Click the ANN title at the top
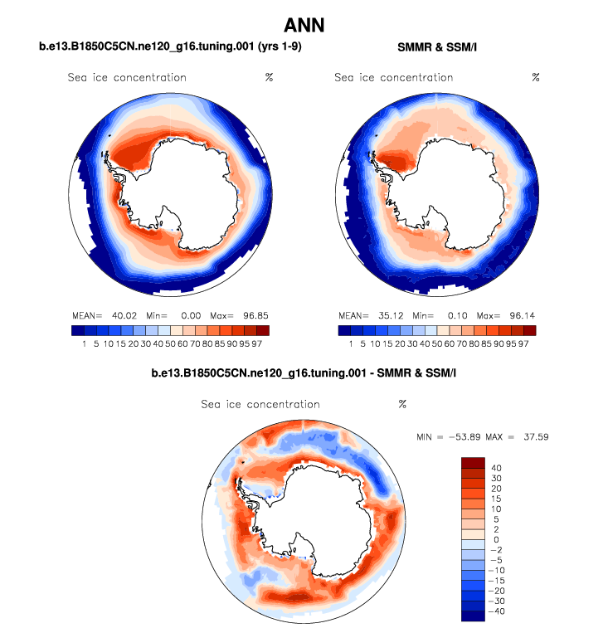[304, 25]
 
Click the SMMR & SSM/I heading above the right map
[436, 47]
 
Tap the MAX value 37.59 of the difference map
[533, 436]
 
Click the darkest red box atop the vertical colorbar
[473, 462]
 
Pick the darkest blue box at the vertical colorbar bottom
[473, 616]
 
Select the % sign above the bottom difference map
[402, 404]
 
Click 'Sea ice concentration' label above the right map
[393, 77]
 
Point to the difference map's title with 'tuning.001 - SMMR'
[304, 375]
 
